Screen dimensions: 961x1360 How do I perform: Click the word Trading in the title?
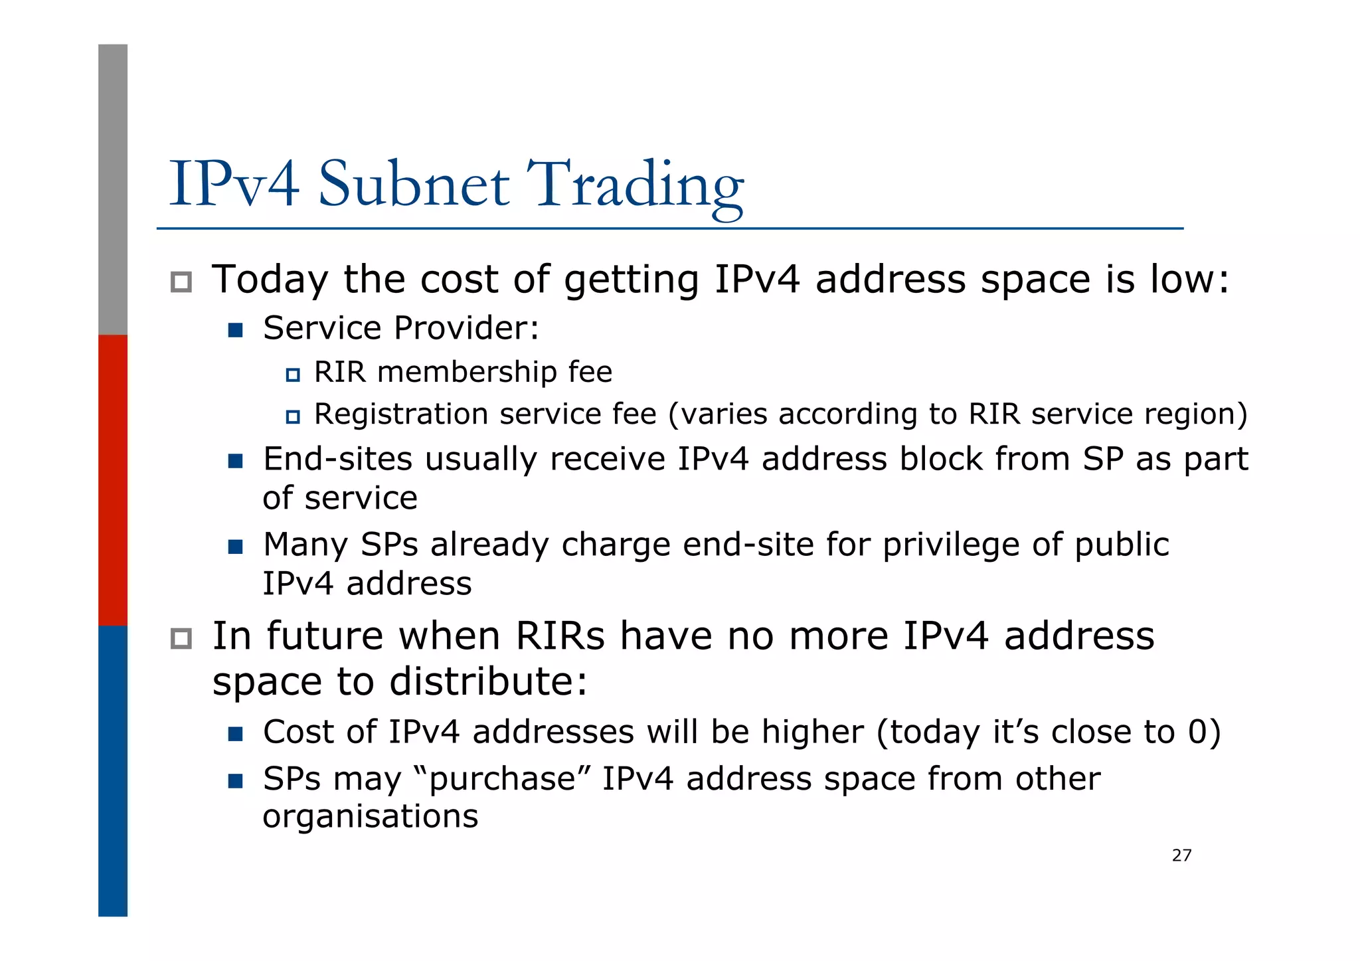pyautogui.click(x=636, y=185)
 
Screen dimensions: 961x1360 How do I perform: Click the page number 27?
pyautogui.click(x=1181, y=855)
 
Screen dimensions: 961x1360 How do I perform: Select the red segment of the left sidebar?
pyautogui.click(x=113, y=480)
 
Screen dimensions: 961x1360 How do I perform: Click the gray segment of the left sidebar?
pyautogui.click(x=113, y=189)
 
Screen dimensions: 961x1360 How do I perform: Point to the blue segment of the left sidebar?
pyautogui.click(x=113, y=770)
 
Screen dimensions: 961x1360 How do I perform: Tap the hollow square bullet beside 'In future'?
pyautogui.click(x=181, y=639)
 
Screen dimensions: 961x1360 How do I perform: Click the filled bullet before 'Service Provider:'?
pyautogui.click(x=235, y=330)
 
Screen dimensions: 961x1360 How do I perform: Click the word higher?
pyautogui.click(x=813, y=733)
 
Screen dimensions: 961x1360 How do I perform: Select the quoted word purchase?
pyautogui.click(x=501, y=780)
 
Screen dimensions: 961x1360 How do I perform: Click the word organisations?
pyautogui.click(x=370, y=817)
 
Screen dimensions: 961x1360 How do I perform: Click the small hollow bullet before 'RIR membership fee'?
pyautogui.click(x=293, y=375)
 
